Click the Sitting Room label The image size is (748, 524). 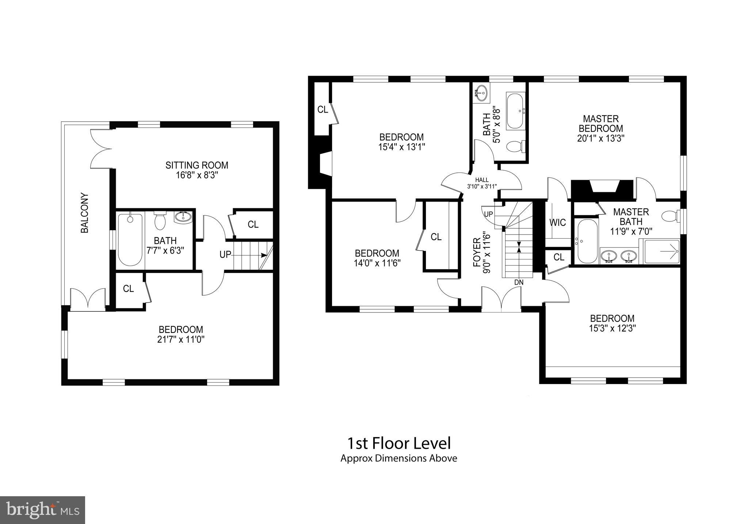(197, 165)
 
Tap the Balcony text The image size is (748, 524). (85, 213)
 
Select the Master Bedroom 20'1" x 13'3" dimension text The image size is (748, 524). (601, 138)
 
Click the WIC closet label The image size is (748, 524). (557, 222)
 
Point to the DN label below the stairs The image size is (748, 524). (519, 282)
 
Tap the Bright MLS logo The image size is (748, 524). (42, 509)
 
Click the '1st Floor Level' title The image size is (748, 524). (398, 443)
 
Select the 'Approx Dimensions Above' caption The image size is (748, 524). (398, 458)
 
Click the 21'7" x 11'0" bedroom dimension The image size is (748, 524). (181, 339)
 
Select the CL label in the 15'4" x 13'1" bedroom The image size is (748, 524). (323, 109)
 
